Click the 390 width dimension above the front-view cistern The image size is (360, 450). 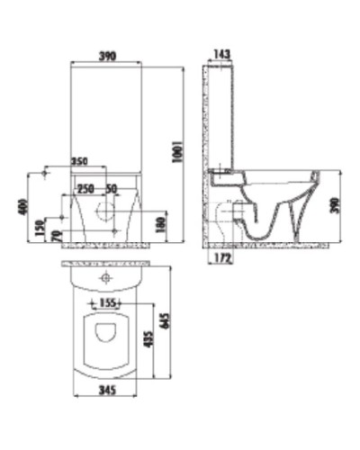tap(105, 56)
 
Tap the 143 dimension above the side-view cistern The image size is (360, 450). tap(221, 56)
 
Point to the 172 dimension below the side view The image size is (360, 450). tap(225, 258)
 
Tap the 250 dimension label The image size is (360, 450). tap(85, 189)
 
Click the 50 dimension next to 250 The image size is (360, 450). tap(112, 189)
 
